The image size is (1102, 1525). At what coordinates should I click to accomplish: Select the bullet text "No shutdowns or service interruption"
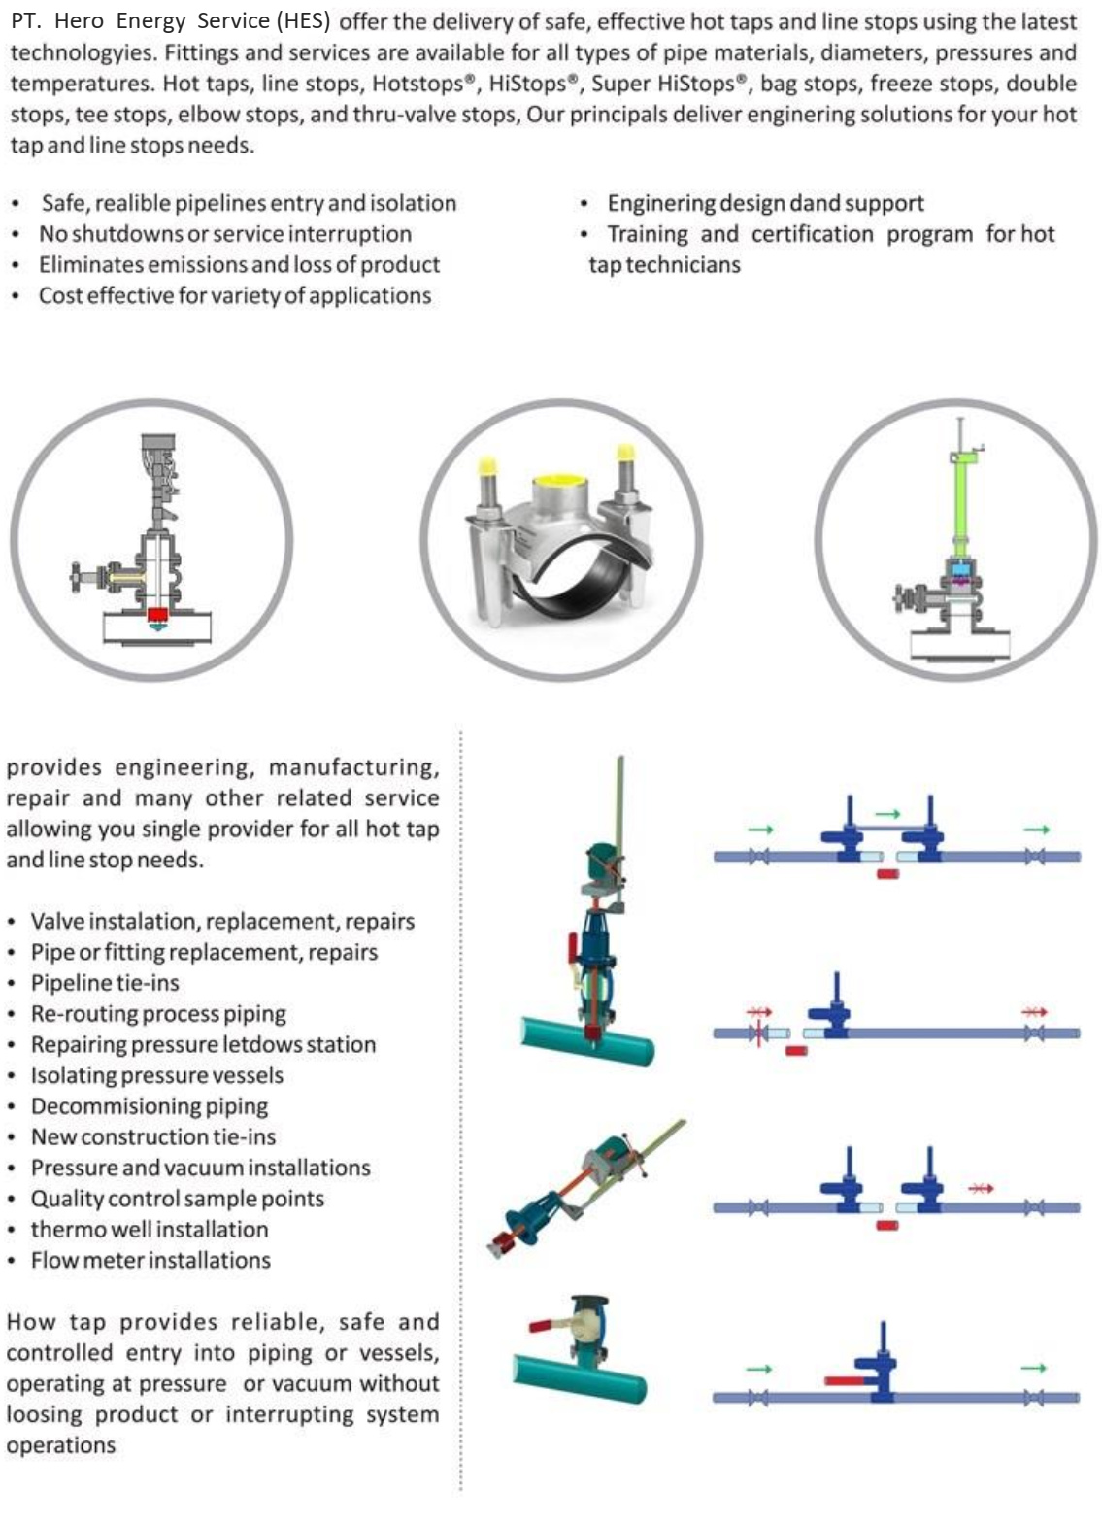[x=224, y=234]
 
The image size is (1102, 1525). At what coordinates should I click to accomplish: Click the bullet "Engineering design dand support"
[x=765, y=203]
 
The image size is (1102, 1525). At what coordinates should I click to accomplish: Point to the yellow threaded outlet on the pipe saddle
[x=563, y=482]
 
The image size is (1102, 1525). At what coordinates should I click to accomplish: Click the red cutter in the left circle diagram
[x=157, y=615]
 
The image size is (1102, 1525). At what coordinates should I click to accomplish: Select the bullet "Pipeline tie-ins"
[x=105, y=983]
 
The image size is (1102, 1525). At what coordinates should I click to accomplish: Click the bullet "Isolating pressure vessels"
[x=156, y=1075]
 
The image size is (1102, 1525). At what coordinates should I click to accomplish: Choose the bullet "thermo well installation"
[x=149, y=1229]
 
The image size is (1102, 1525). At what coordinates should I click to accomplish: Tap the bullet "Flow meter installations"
[x=150, y=1260]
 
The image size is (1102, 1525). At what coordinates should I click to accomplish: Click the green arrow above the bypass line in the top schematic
[x=887, y=814]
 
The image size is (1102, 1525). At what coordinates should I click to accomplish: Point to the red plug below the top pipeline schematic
[x=887, y=874]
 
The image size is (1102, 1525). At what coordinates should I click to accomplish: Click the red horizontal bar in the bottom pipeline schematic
[x=849, y=1380]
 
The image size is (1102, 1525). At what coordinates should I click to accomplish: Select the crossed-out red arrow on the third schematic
[x=981, y=1187]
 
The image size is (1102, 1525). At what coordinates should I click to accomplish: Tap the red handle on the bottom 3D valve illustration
[x=550, y=1324]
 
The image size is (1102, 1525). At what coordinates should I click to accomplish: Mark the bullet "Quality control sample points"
[x=177, y=1199]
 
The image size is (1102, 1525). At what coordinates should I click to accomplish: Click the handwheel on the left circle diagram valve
[x=79, y=579]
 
